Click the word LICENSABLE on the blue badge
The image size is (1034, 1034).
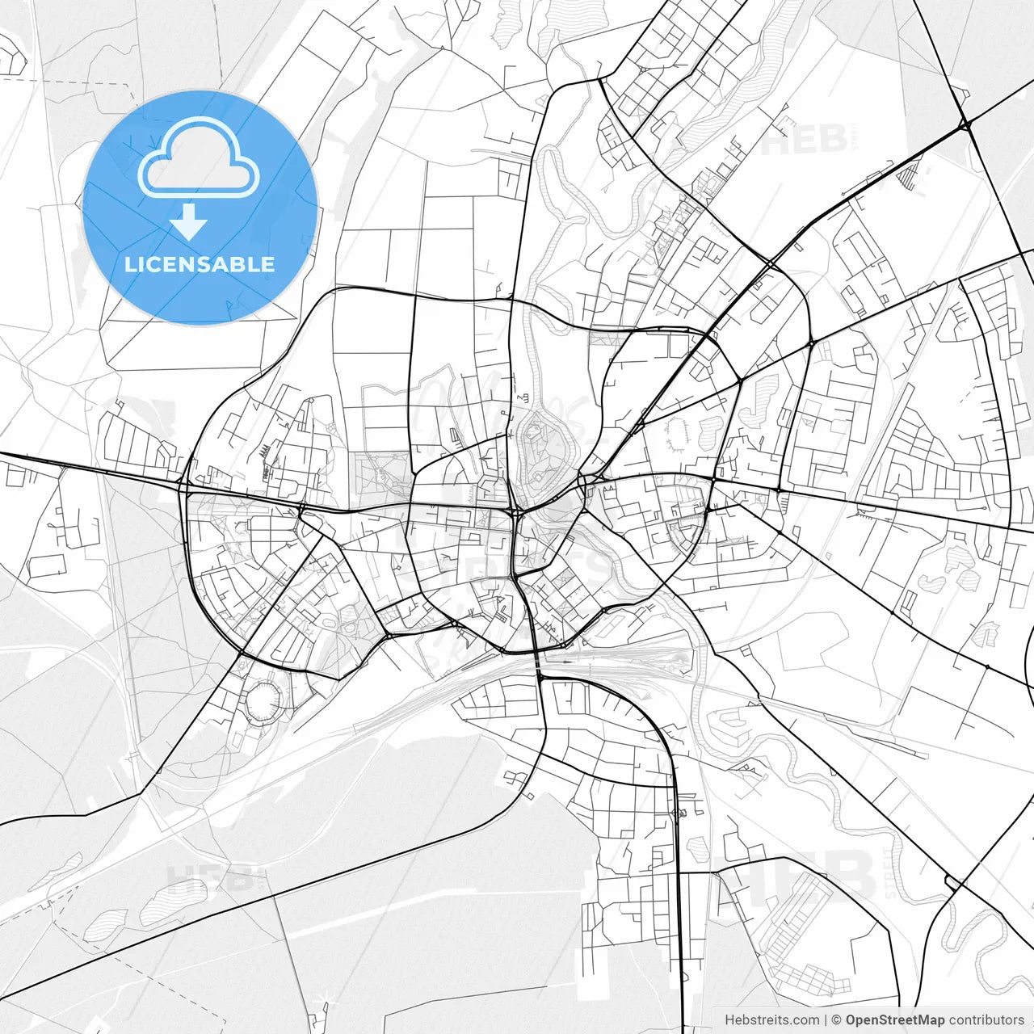pos(200,264)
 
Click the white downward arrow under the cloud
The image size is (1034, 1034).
pos(189,222)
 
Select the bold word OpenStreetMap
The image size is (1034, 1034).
pos(894,1020)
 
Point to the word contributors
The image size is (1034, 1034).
pos(986,1020)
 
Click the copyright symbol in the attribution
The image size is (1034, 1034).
pos(837,1020)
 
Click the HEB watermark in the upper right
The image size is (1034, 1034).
pos(804,139)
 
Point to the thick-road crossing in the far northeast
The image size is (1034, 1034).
pos(965,124)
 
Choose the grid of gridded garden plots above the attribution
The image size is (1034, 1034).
pos(800,937)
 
